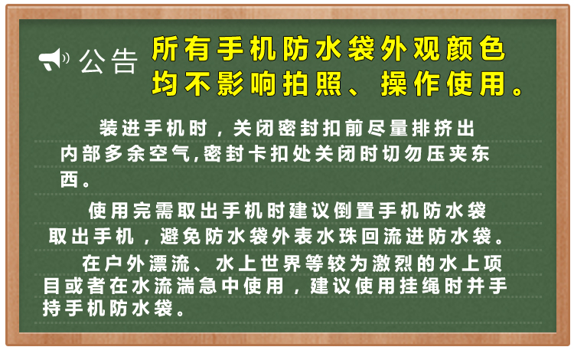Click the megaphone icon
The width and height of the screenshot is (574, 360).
[54, 59]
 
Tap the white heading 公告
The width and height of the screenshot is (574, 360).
[109, 61]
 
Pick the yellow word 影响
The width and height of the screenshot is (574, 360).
[246, 83]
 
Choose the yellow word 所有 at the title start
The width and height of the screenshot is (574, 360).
[181, 48]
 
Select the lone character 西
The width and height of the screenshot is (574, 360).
[70, 179]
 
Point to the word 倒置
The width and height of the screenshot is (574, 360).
[354, 211]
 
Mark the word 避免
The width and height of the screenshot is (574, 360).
[181, 236]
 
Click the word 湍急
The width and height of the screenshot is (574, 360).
[197, 286]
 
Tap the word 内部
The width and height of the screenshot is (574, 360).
[80, 153]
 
